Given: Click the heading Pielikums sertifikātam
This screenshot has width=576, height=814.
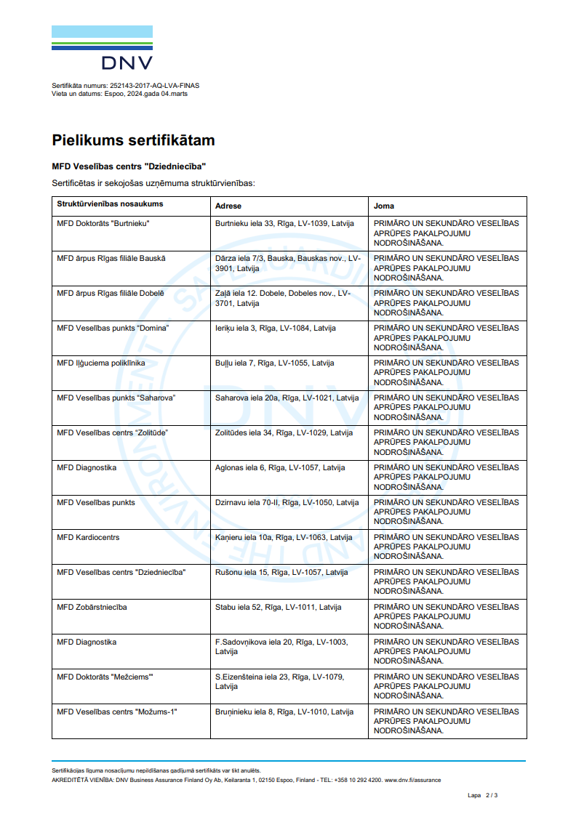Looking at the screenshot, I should (133, 140).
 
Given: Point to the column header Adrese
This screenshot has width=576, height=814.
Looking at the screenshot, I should (228, 206).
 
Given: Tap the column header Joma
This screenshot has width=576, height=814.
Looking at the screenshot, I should (384, 206).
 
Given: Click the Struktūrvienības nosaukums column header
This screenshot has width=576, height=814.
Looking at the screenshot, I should (110, 204).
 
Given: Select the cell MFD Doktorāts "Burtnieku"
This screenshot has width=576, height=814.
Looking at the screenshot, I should (103, 223).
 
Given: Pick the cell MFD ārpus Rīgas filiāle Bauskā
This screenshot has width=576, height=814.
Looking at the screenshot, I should (111, 258).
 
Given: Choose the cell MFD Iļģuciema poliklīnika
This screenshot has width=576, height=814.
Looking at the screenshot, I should (101, 363).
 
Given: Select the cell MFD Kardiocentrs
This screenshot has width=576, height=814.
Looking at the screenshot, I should (88, 537).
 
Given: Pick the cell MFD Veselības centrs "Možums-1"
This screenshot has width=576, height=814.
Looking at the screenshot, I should (117, 712).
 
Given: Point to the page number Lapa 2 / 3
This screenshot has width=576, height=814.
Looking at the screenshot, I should (483, 795).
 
